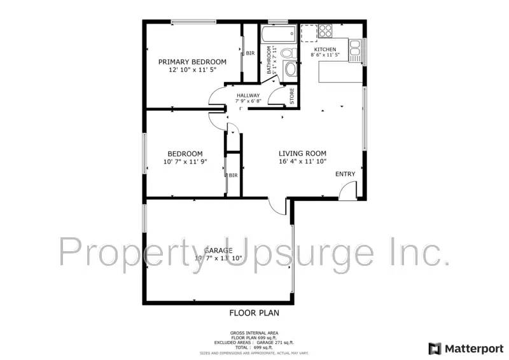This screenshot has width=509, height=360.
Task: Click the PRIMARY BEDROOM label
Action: point(192,62)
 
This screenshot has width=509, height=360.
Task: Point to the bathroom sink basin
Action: point(290,69)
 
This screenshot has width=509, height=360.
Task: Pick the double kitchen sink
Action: point(354,50)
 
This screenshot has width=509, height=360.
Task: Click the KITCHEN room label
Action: point(324,50)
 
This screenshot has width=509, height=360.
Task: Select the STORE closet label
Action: point(292,96)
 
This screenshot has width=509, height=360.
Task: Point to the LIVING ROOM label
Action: point(302,153)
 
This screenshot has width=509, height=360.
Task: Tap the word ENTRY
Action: point(345,174)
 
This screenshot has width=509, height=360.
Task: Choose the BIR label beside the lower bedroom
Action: point(233,175)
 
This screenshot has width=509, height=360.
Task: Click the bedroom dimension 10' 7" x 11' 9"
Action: point(185,162)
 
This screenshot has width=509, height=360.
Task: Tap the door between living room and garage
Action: point(277,205)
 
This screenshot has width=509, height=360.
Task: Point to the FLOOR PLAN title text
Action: point(254,313)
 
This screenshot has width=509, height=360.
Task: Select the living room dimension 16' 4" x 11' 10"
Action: point(302,162)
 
